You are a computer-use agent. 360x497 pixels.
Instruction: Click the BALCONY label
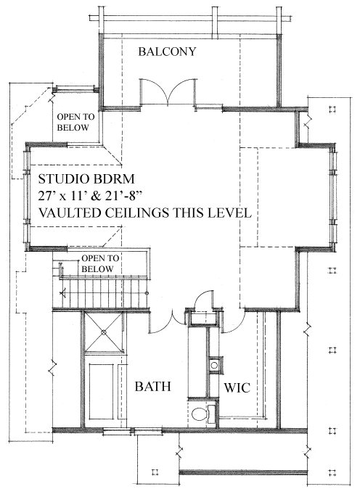tap(167, 52)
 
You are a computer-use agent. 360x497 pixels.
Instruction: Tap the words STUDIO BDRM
tap(86, 179)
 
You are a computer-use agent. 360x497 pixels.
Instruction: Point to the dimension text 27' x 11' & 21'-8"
tap(89, 196)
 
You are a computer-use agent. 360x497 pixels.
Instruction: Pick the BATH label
tap(153, 387)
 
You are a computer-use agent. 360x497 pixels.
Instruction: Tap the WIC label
tap(237, 387)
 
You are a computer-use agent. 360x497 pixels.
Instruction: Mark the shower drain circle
tap(103, 332)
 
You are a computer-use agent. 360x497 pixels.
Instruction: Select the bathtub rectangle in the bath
tap(101, 391)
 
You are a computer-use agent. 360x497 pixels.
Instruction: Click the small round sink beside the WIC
tap(214, 365)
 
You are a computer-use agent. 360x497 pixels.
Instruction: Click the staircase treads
tap(105, 293)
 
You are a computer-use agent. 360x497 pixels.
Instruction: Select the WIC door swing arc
tap(234, 324)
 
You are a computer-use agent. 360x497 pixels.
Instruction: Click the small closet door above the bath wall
tap(203, 300)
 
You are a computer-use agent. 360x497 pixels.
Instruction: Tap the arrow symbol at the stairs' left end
tap(62, 293)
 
